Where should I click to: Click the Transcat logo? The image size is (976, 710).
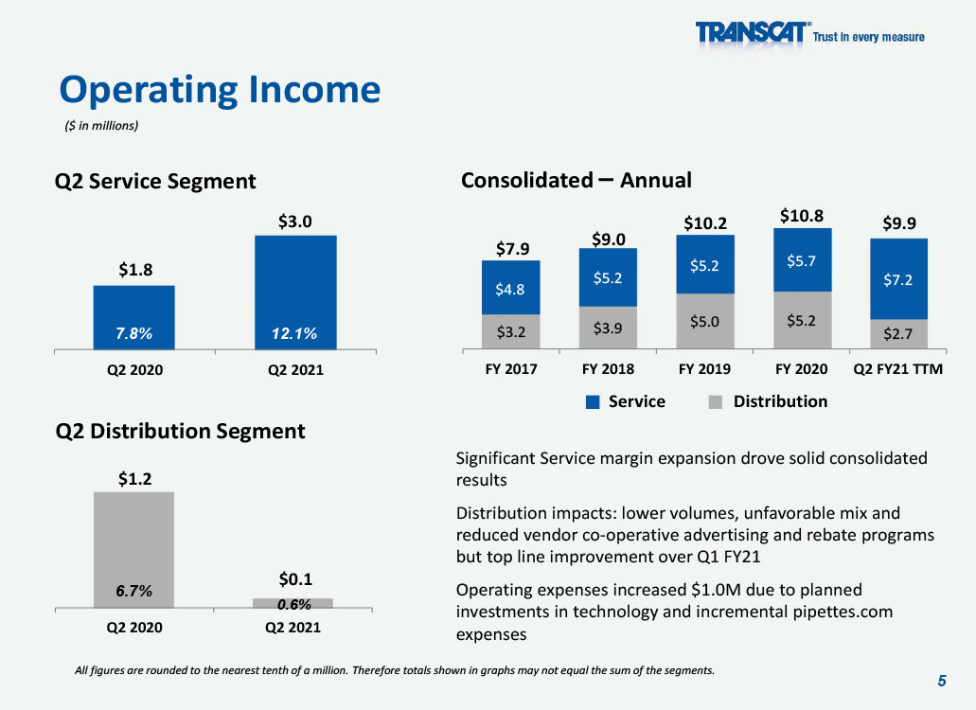[809, 33]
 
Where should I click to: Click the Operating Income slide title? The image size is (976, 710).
[220, 90]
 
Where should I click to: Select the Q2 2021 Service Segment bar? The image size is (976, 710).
[295, 293]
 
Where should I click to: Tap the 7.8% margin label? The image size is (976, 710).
[133, 333]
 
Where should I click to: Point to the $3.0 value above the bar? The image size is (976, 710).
[295, 222]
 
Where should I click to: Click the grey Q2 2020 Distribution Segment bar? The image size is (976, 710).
[133, 550]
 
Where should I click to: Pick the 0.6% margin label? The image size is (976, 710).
[293, 604]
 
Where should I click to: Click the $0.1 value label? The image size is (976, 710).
[295, 579]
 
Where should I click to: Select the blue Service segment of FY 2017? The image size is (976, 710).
[511, 288]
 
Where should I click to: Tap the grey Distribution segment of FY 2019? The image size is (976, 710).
[705, 321]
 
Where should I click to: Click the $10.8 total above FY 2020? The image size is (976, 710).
[802, 216]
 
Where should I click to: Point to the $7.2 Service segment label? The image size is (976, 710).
[897, 280]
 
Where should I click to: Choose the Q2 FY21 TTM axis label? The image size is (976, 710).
[897, 369]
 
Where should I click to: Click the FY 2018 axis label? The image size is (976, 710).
[608, 369]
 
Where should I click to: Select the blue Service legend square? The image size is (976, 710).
[593, 402]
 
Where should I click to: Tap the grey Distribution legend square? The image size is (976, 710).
[716, 402]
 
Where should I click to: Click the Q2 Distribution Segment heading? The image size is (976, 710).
[181, 432]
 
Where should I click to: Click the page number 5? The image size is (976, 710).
[942, 681]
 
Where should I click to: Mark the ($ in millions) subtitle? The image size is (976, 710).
[101, 126]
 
